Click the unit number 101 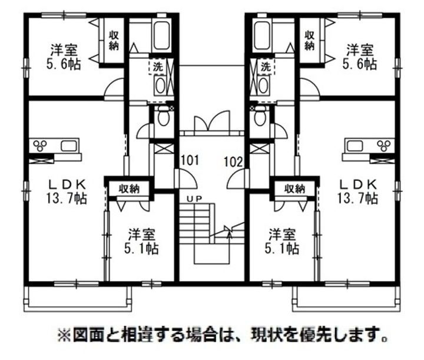[x=189, y=160]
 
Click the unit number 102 [x=234, y=160]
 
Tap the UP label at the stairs [x=194, y=199]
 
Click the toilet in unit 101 [x=163, y=117]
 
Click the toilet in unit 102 [x=259, y=117]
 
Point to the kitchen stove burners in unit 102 [x=383, y=145]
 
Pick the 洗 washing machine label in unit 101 [x=158, y=66]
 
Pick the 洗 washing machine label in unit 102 [x=266, y=66]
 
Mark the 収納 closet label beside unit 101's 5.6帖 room [x=114, y=39]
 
